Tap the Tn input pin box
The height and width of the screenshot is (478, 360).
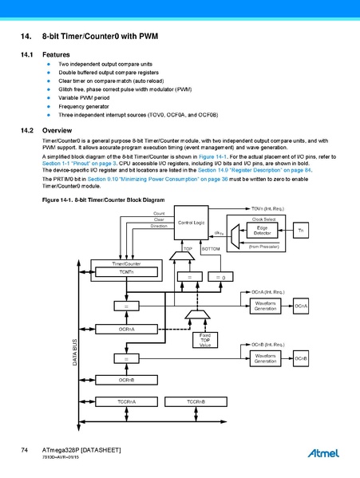click(300, 230)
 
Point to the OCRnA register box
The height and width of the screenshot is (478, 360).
click(126, 328)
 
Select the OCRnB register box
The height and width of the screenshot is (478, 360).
click(126, 380)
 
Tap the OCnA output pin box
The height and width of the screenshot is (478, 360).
click(301, 306)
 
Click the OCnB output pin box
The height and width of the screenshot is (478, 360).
click(301, 359)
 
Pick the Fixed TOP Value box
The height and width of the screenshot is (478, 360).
click(205, 341)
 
